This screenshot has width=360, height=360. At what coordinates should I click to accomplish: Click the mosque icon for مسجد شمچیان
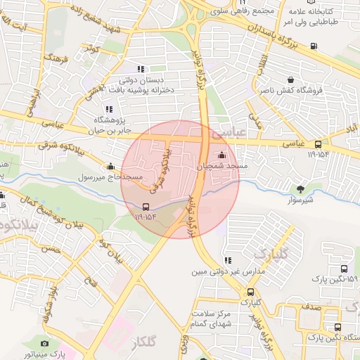(x=223, y=155)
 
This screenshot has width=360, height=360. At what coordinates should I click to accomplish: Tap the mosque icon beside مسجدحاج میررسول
(x=110, y=167)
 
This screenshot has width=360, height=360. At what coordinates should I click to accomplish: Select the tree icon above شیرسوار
(x=302, y=188)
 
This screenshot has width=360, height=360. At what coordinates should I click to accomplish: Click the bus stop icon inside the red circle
(x=146, y=207)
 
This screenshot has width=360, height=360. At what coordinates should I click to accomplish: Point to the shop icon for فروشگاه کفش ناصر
(x=290, y=79)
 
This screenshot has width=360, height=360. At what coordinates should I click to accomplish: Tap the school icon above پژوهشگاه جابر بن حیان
(x=108, y=109)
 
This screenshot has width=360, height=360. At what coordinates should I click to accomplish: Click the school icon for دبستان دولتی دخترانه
(x=141, y=69)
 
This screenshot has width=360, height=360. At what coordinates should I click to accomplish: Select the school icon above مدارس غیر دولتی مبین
(x=226, y=260)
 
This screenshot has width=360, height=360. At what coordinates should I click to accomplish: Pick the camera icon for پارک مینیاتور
(x=44, y=344)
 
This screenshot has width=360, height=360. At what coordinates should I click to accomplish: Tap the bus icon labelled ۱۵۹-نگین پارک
(x=344, y=269)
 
